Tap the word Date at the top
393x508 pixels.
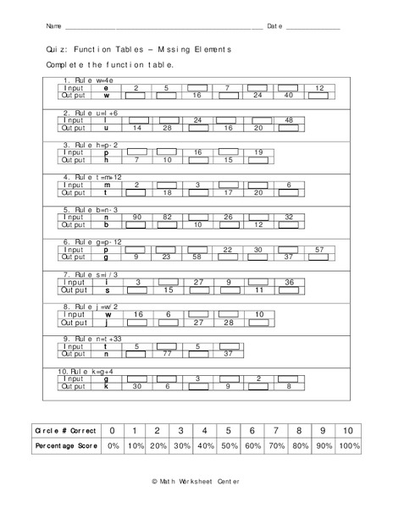click(x=274, y=26)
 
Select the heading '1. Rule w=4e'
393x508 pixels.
click(x=87, y=80)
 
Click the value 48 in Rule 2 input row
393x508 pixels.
click(x=289, y=120)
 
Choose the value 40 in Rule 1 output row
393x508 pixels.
click(x=289, y=95)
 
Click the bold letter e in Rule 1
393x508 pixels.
click(x=106, y=88)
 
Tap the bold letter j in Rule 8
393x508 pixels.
click(x=106, y=322)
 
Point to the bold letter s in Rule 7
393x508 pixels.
click(x=106, y=290)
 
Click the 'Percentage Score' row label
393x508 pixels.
click(x=61, y=445)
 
